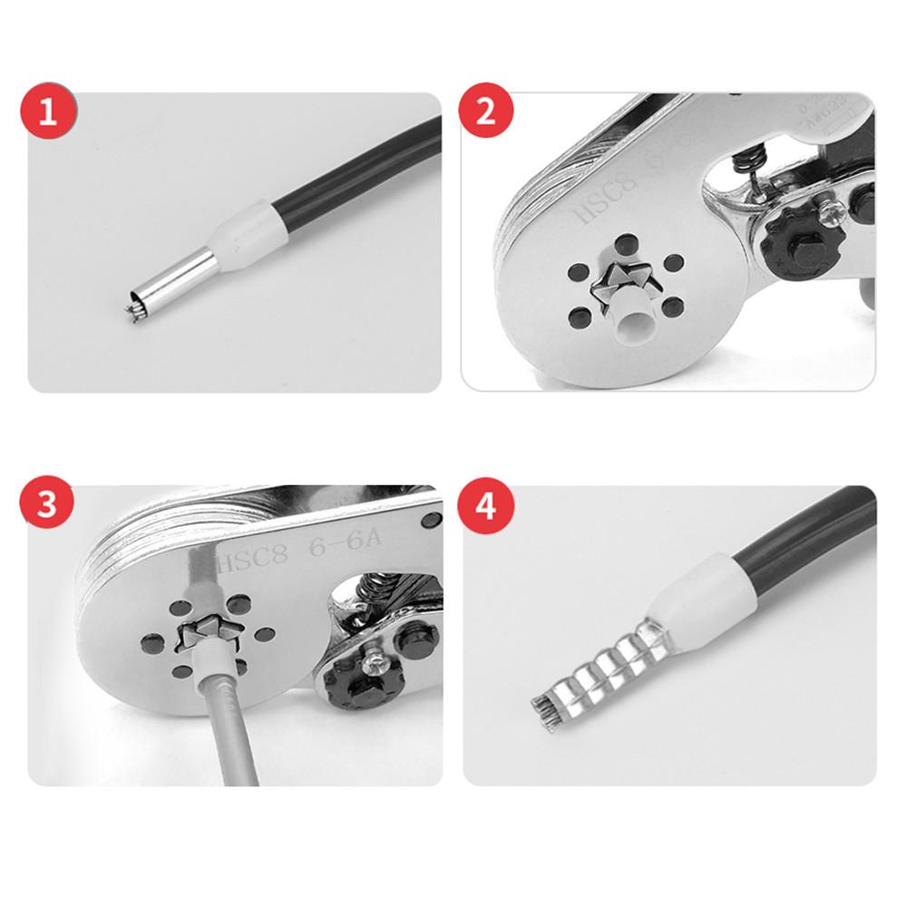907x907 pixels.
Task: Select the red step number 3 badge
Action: pyautogui.click(x=47, y=505)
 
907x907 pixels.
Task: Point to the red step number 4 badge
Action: pyautogui.click(x=486, y=505)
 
